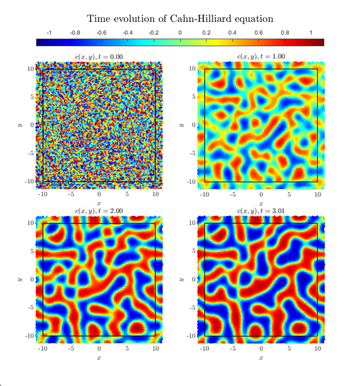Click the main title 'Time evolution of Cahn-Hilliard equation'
click(x=180, y=19)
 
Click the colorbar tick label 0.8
click(x=285, y=33)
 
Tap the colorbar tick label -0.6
click(x=101, y=33)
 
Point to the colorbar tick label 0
click(x=180, y=33)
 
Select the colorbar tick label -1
click(x=49, y=33)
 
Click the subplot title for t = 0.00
click(x=99, y=57)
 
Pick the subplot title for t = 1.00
click(x=261, y=57)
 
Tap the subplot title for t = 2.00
click(x=99, y=211)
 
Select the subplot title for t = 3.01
click(x=261, y=211)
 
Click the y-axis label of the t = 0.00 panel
click(x=18, y=125)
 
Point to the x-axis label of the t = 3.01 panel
click(x=261, y=358)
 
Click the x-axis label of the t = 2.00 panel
click(x=99, y=358)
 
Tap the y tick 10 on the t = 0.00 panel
click(x=31, y=69)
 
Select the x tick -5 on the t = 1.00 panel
click(x=233, y=195)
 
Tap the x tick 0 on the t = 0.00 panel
click(x=99, y=195)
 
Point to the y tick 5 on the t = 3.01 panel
click(x=195, y=251)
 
